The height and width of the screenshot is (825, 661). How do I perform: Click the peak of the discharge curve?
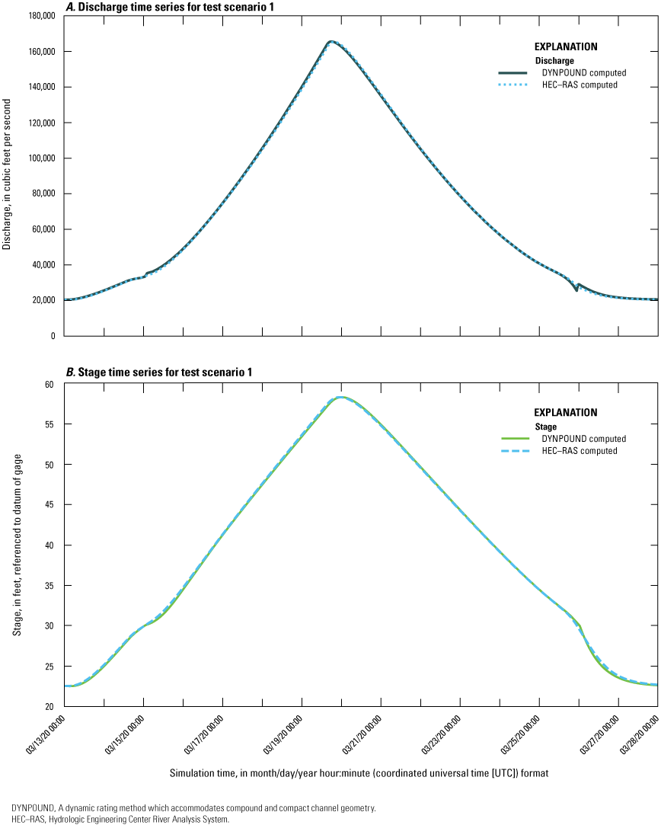pos(330,41)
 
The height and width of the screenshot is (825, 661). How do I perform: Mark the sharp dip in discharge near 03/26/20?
pos(576,290)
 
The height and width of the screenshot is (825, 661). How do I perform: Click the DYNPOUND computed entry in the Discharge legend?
pos(579,72)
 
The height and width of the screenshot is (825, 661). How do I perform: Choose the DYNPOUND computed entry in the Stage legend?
pos(579,439)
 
